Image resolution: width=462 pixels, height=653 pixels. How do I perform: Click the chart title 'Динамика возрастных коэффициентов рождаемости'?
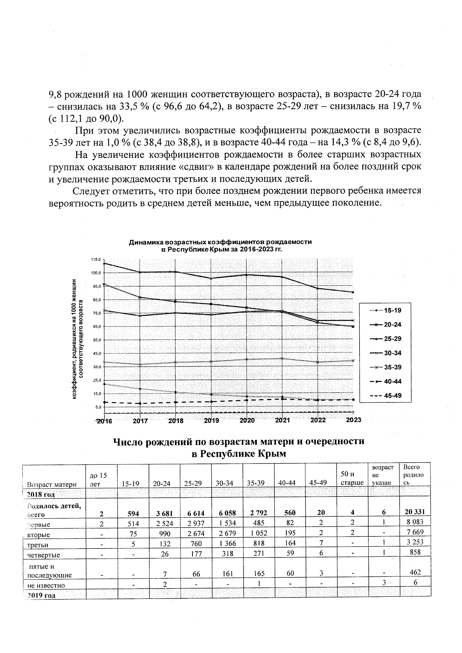point(220,242)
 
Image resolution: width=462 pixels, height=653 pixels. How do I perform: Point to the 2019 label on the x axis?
point(211,421)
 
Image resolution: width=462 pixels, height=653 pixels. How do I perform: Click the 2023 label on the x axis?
point(353,420)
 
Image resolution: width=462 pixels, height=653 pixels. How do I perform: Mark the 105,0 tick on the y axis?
point(95,273)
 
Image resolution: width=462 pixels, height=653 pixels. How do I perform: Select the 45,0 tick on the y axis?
point(96,353)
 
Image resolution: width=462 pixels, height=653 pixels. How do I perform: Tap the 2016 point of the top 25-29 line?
point(104,263)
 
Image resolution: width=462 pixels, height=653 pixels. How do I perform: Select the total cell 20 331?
point(415,513)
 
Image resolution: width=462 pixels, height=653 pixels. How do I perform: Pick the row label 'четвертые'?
point(44,555)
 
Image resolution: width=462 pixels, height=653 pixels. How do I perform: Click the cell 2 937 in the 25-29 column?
point(196,524)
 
